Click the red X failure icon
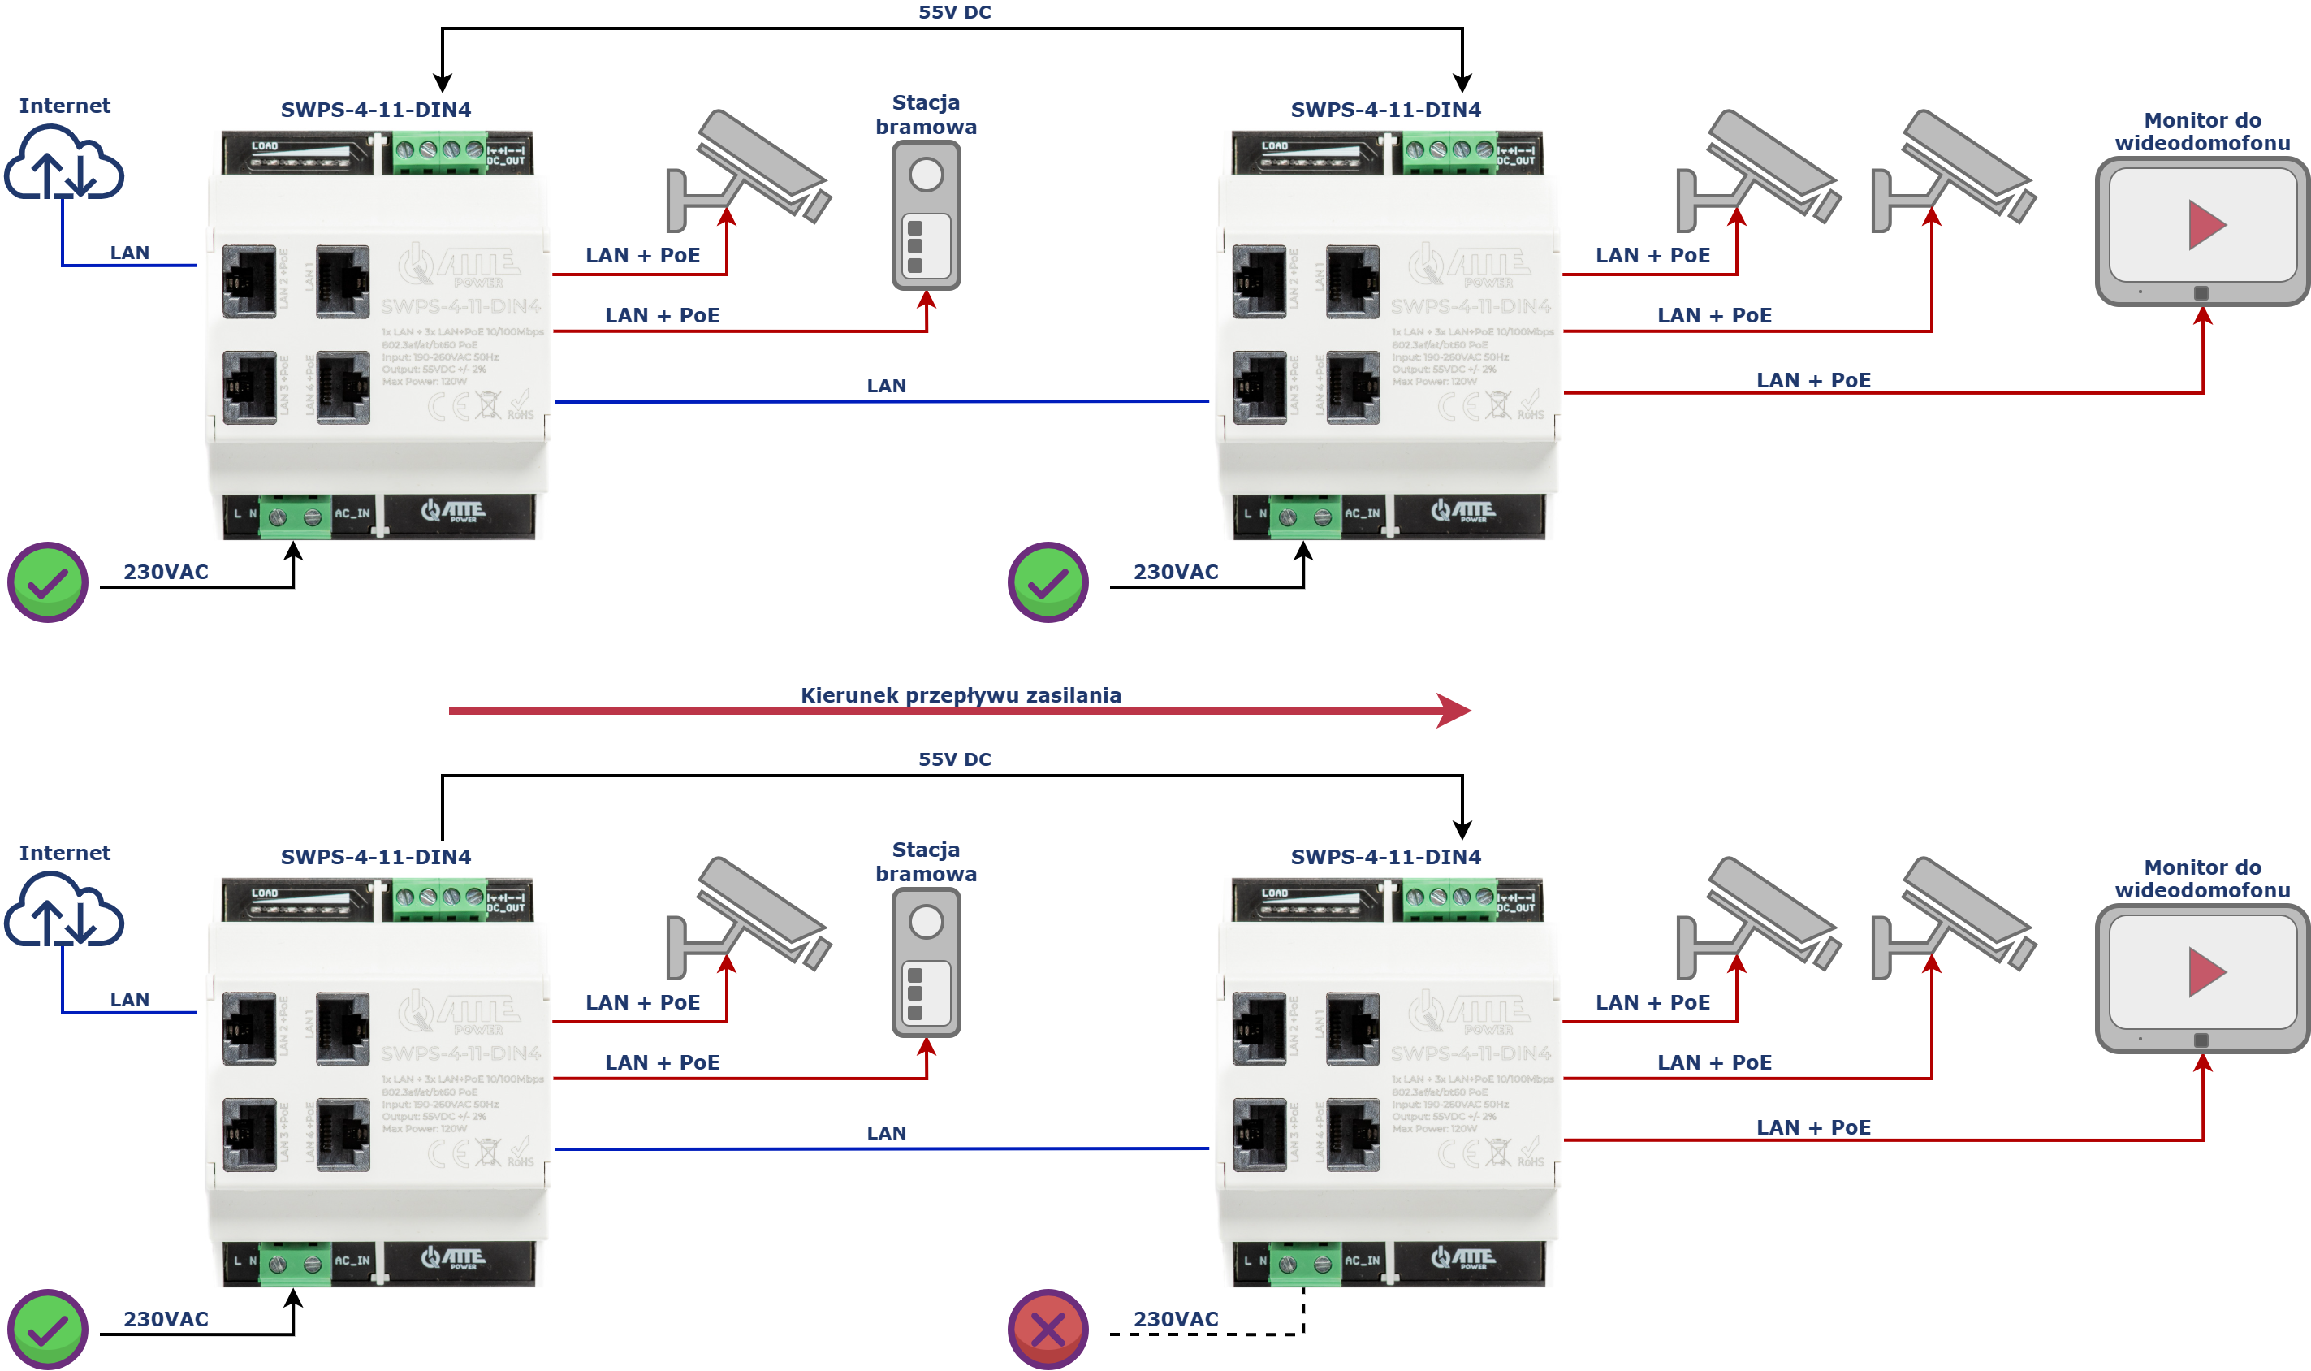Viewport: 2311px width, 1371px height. click(1048, 1329)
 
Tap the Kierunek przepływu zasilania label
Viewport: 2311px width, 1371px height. click(961, 694)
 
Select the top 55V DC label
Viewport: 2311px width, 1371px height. click(954, 12)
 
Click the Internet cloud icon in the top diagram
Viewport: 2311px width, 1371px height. click(63, 164)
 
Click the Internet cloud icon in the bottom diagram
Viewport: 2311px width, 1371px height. click(63, 912)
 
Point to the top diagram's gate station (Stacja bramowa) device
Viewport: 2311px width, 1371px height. click(926, 215)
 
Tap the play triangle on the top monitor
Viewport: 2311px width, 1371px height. click(2205, 224)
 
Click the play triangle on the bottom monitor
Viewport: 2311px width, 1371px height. click(2205, 972)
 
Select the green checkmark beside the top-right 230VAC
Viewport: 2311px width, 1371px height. click(1048, 582)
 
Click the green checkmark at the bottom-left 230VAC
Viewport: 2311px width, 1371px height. click(48, 1329)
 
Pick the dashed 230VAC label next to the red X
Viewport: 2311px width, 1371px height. click(1175, 1318)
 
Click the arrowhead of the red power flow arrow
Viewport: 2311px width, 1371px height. click(1455, 711)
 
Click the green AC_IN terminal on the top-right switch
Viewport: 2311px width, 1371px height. click(1304, 517)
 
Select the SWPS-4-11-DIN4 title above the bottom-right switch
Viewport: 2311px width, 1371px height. click(1385, 856)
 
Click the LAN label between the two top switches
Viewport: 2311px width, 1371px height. click(886, 385)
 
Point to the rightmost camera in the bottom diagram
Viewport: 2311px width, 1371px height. click(1954, 915)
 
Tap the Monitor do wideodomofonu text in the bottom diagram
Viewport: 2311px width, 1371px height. click(2202, 878)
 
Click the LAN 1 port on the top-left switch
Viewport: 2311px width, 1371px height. click(343, 281)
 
